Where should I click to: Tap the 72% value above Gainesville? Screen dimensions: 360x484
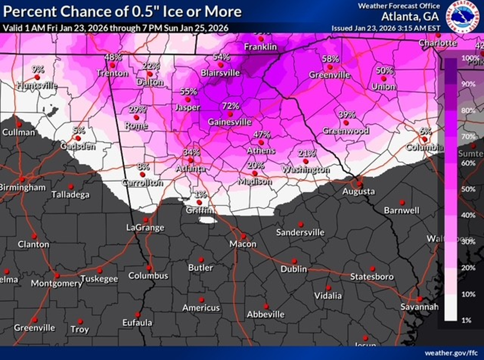point(230,106)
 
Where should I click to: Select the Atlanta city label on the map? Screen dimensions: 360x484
point(191,169)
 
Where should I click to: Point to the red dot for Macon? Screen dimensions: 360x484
point(243,236)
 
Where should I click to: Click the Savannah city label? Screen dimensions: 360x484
point(419,307)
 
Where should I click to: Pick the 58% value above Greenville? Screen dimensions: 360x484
point(330,59)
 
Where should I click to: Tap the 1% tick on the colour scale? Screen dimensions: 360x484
point(466,321)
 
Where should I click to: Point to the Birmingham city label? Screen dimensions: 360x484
point(23,187)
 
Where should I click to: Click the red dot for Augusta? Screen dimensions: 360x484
point(359,183)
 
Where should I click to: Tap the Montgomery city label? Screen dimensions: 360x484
point(57,284)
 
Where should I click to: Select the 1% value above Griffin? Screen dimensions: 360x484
point(200,194)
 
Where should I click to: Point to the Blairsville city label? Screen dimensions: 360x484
point(220,73)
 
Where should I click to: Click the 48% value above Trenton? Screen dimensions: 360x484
point(113,57)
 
